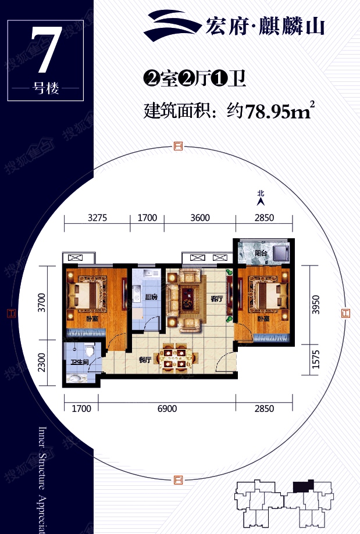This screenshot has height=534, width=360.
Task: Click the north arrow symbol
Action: point(261,201)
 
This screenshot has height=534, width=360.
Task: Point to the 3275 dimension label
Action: point(97,218)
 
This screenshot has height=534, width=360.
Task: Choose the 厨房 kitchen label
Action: point(151,297)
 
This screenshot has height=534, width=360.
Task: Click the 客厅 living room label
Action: point(216,299)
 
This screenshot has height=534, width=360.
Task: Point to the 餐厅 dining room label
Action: point(145,360)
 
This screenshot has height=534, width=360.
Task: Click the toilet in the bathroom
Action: point(89,350)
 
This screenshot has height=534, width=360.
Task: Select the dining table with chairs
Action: point(175,358)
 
